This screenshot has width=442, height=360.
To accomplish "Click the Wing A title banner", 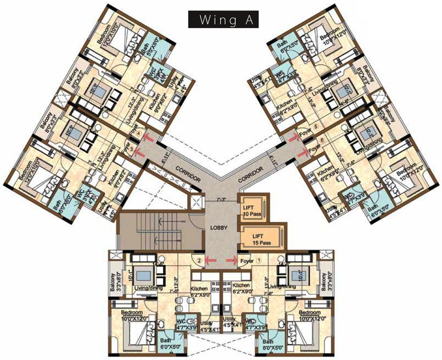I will coord(223,20).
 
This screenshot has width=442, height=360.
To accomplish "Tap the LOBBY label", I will coord(218,228).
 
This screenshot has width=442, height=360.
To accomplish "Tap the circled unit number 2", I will coord(199,261).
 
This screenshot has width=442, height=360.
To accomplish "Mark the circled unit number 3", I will coord(132,150).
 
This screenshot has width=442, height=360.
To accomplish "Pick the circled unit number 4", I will coord(138,133).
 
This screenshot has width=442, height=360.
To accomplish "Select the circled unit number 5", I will coord(315,127).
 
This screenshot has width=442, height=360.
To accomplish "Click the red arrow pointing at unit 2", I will coord(211,260).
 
